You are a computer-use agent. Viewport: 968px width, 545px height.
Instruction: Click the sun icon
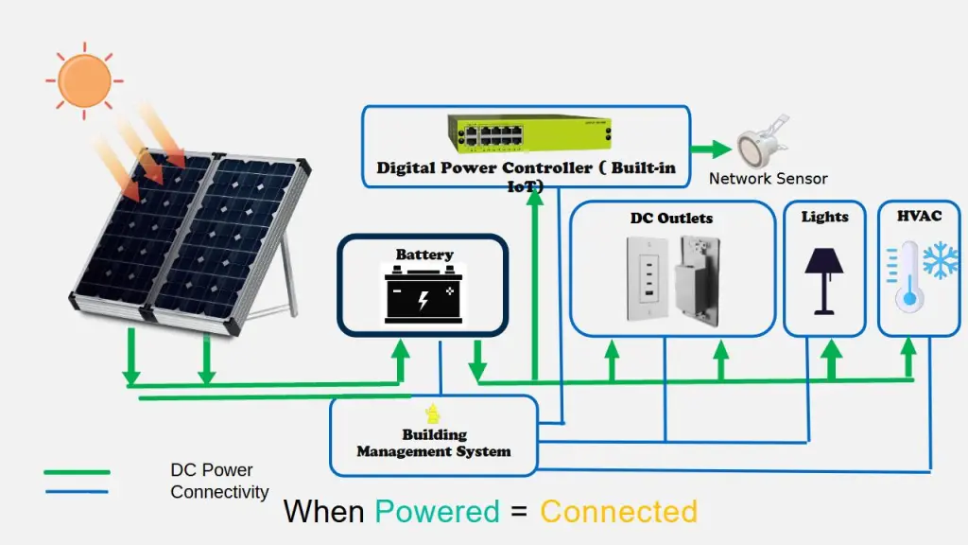point(84,79)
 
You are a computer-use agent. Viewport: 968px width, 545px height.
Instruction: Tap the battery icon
point(423,294)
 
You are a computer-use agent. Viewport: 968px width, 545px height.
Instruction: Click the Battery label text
point(424,255)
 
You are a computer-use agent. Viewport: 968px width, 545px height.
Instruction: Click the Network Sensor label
point(768,178)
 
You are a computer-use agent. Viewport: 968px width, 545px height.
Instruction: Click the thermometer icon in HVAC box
point(909,275)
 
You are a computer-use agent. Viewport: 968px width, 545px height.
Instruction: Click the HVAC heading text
point(919,217)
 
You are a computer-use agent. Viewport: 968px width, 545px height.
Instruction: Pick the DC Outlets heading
point(671,219)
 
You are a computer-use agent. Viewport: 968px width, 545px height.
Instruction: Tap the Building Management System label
point(434,443)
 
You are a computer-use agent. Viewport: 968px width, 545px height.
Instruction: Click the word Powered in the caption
point(437,512)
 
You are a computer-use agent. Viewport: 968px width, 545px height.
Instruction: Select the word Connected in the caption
point(618,512)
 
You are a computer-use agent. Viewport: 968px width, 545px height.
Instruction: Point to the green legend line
point(77,471)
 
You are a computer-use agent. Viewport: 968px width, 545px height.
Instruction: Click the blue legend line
point(77,491)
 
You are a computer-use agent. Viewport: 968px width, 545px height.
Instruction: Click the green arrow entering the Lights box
point(831,360)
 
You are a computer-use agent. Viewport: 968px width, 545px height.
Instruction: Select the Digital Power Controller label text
point(526,168)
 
